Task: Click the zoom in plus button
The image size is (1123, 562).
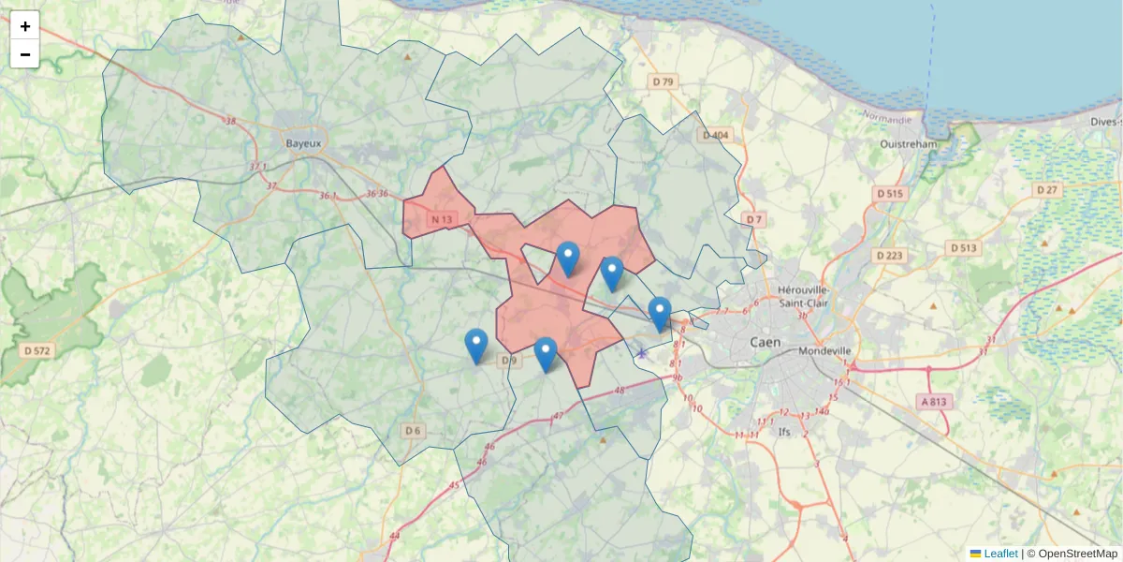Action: [25, 26]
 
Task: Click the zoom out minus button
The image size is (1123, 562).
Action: [25, 54]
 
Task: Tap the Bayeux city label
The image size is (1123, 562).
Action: [303, 143]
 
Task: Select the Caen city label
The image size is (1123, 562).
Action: [766, 343]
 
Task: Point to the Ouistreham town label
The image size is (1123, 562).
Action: [909, 144]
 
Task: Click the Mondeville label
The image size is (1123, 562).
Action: [825, 351]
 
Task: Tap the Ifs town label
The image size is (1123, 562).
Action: [784, 432]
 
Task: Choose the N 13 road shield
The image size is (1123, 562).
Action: [442, 220]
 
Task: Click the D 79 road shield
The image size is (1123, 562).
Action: [663, 82]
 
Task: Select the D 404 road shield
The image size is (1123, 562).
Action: [715, 136]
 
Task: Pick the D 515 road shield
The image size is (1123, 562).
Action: [890, 193]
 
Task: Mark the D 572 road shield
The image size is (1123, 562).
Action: [37, 350]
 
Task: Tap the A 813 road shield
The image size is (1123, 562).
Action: [933, 402]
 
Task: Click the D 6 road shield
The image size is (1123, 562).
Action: [413, 430]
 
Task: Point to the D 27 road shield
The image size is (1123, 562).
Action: [1047, 190]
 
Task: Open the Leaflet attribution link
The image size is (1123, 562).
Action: [1000, 554]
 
